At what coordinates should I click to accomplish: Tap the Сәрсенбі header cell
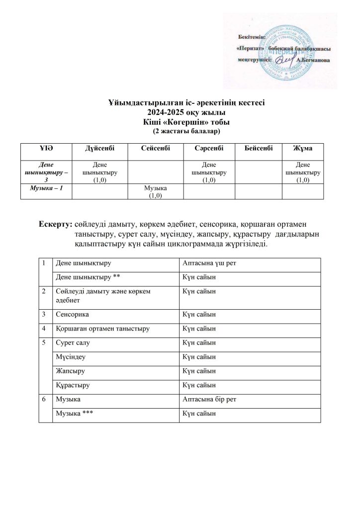point(209,149)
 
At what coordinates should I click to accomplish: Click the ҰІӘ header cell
point(46,149)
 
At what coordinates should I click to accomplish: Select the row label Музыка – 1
point(46,187)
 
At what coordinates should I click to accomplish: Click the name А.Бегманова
point(312,60)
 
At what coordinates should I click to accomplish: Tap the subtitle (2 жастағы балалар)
point(180,132)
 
